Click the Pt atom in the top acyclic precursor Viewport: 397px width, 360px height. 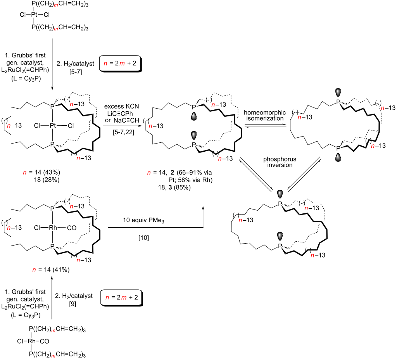(x=34, y=16)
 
